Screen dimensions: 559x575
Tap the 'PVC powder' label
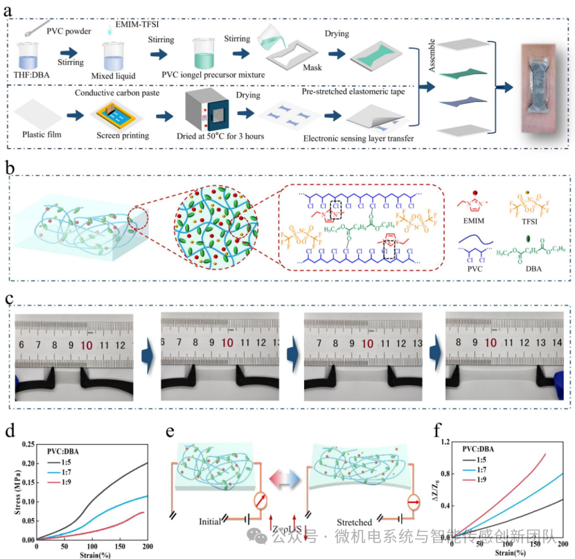tap(70, 30)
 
